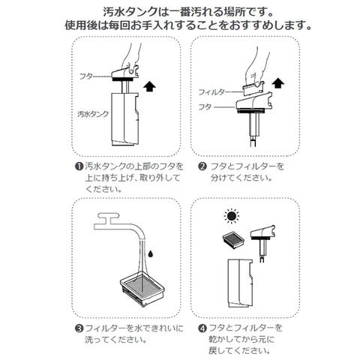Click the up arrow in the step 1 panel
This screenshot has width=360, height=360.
(x=149, y=88)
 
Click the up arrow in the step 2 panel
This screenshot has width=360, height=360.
(x=278, y=83)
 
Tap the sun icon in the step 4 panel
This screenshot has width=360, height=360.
(x=232, y=216)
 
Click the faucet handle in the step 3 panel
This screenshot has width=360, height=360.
(x=107, y=216)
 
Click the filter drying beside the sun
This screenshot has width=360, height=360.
(x=233, y=241)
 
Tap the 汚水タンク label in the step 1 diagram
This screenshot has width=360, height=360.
(x=93, y=114)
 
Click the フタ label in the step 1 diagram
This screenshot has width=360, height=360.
(x=86, y=76)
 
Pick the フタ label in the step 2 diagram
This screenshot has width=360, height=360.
(x=205, y=107)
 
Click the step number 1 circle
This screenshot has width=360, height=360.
(x=79, y=166)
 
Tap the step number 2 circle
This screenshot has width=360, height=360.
(x=202, y=166)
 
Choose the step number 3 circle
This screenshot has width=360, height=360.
(x=79, y=328)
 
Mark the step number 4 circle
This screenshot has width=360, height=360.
(x=202, y=328)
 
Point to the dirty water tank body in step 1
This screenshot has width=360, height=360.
(x=124, y=119)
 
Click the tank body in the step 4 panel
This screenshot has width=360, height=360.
(x=240, y=283)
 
